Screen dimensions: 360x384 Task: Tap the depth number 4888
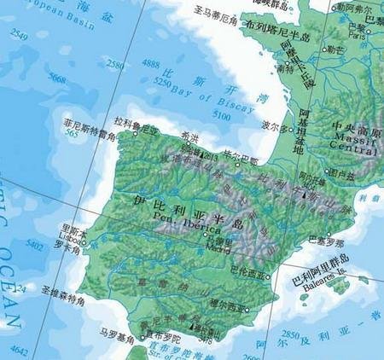click(150, 65)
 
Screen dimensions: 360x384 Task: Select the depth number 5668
click(35, 78)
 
